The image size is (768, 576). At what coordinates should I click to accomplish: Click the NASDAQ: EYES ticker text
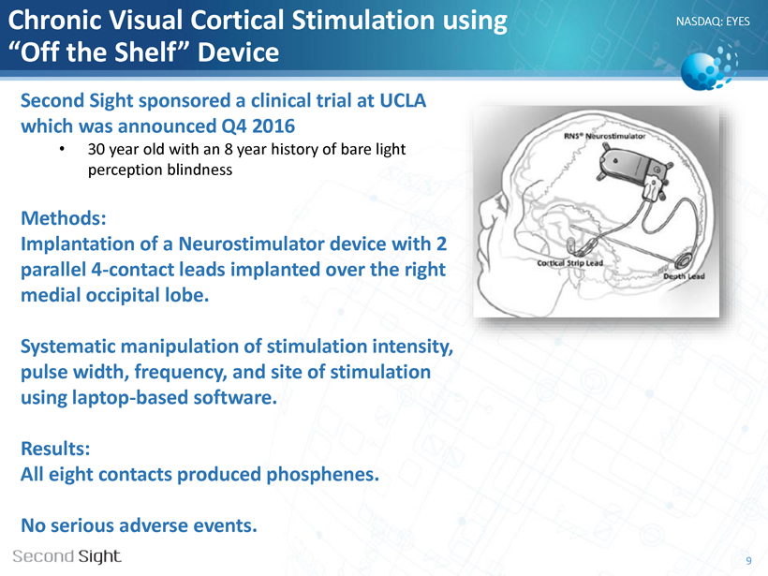(713, 22)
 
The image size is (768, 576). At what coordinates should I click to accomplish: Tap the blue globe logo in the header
(709, 67)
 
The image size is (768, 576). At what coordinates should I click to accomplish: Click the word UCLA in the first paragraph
(403, 100)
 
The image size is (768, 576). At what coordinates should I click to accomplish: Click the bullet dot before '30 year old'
(62, 149)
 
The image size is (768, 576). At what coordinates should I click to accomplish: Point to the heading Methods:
(63, 218)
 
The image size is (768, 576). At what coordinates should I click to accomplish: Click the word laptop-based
(129, 397)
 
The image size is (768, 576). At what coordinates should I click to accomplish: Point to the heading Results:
(55, 449)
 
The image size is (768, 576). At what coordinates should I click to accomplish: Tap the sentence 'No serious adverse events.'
(139, 525)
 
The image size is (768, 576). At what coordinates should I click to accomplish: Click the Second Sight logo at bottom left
(66, 556)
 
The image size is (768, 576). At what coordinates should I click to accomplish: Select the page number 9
(748, 561)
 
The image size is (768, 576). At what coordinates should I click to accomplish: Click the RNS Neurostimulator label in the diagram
(604, 136)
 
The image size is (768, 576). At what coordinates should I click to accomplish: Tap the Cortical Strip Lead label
(569, 263)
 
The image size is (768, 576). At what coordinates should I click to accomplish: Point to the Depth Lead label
(684, 276)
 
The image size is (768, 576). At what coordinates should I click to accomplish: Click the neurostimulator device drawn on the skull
(632, 168)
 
